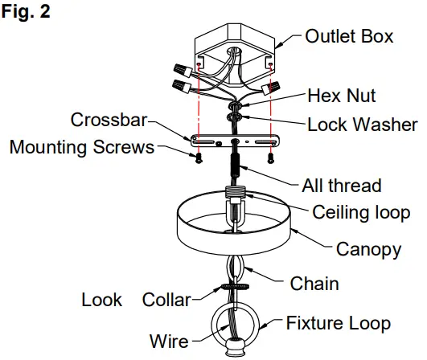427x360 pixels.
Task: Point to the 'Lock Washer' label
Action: coord(363,125)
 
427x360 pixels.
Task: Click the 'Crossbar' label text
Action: coord(109,120)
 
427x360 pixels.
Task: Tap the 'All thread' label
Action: coord(340,186)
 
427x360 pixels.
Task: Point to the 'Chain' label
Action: coord(313,283)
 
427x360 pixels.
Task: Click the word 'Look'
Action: coord(102,300)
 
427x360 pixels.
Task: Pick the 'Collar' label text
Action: coord(166,300)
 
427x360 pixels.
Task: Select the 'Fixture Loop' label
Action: coord(339,324)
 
